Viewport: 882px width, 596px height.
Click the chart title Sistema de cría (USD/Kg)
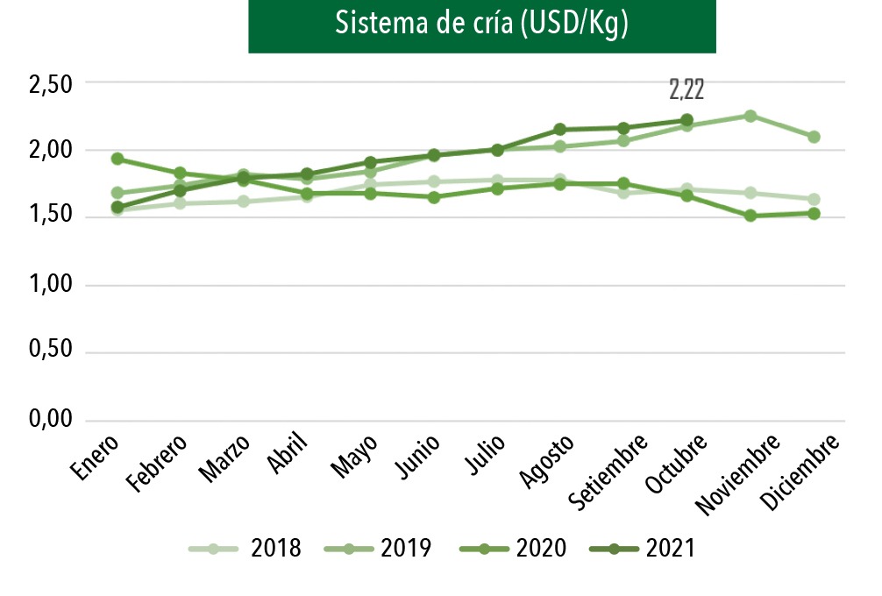point(482,25)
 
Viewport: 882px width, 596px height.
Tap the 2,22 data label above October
point(686,89)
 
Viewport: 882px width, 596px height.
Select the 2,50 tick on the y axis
point(51,84)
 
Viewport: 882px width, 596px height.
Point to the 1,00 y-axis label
point(51,286)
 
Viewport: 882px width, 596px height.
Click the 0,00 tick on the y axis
point(51,421)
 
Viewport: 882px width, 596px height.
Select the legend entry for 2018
point(246,549)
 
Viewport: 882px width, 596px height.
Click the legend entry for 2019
point(378,549)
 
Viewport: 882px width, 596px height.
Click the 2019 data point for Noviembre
point(750,116)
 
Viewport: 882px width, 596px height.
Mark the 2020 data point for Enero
point(117,159)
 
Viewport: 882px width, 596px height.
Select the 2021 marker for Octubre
point(686,120)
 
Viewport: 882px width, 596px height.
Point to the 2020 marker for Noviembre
point(750,216)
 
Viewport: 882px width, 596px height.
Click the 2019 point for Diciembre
point(814,137)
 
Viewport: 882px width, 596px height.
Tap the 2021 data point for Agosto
point(560,130)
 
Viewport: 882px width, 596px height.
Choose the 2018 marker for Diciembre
point(814,199)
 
